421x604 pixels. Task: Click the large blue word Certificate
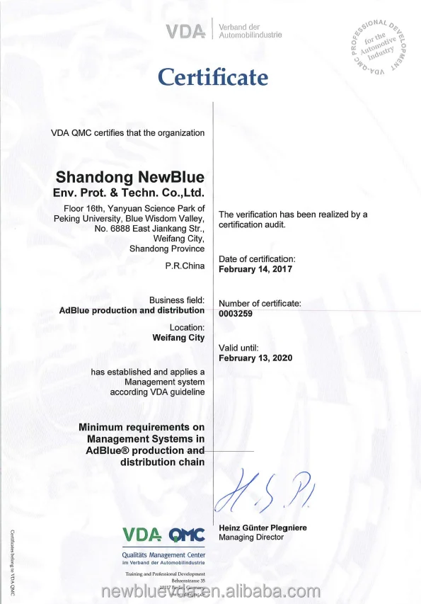point(213,76)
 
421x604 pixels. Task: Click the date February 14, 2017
point(255,270)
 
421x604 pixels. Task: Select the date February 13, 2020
point(255,358)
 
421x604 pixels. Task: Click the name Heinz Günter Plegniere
point(263,528)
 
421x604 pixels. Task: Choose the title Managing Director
point(251,537)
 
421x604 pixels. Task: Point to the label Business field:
point(177,300)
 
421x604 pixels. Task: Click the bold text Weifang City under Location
point(178,338)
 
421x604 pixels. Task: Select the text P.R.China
point(185,266)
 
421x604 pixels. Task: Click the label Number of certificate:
point(260,304)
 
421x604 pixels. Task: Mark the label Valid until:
point(239,348)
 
